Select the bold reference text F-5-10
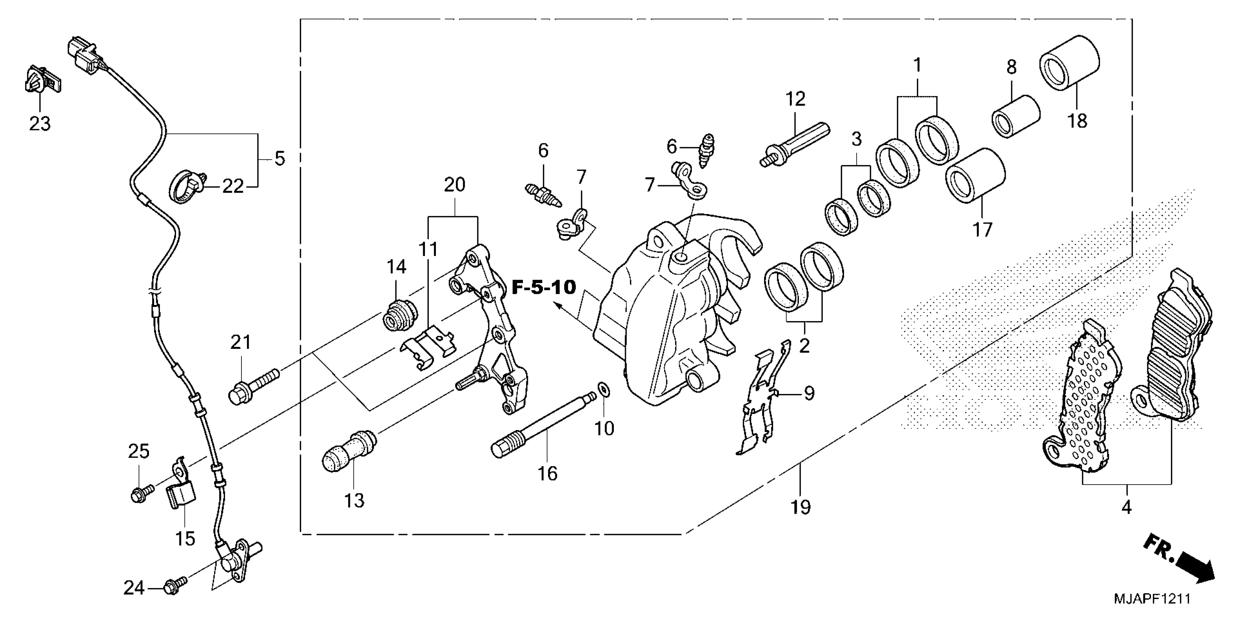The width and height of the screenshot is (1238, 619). tap(544, 287)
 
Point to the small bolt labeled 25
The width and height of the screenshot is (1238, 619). tap(141, 493)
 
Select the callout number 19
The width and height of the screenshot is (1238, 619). tap(801, 507)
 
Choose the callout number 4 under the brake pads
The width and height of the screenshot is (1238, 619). tap(1127, 507)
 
